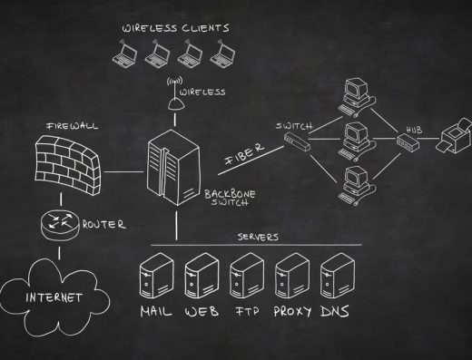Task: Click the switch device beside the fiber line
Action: pyautogui.click(x=298, y=140)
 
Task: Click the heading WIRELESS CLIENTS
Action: pyautogui.click(x=176, y=28)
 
